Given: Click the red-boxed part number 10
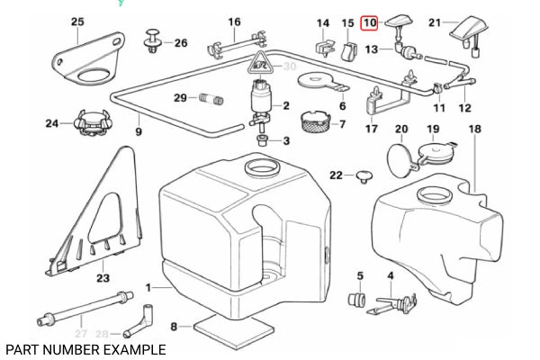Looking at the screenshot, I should (369, 22).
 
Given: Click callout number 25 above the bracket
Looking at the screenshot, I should (76, 22).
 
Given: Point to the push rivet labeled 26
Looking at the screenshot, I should (152, 41).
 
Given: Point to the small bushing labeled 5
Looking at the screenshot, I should (356, 299).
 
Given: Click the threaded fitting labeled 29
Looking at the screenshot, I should (213, 97).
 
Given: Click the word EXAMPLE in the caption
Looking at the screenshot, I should (131, 349).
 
